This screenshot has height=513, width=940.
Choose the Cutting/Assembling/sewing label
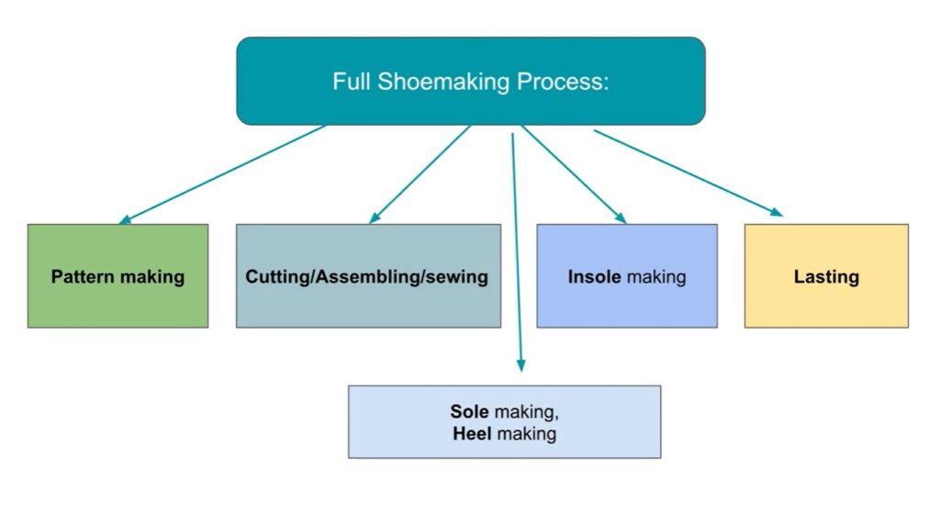(x=367, y=276)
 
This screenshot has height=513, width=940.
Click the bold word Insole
(x=595, y=276)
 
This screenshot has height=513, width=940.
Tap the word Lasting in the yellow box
(x=826, y=276)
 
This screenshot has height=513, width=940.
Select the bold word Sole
(x=469, y=412)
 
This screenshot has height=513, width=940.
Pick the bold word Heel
(x=473, y=433)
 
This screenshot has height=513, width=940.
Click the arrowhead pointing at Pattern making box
(x=125, y=220)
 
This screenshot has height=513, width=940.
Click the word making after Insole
(x=656, y=276)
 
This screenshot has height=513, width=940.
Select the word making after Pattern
(x=152, y=276)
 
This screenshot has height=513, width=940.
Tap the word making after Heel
(x=527, y=433)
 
